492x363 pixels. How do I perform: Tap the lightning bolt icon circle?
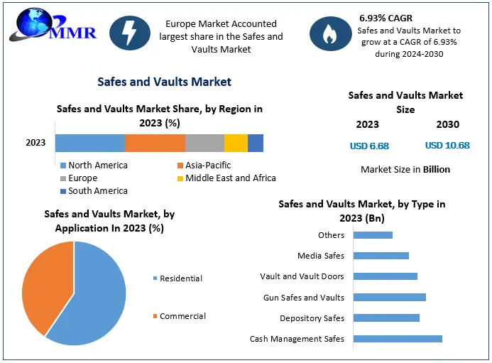[130, 33]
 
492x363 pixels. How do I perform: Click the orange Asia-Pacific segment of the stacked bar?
[155, 143]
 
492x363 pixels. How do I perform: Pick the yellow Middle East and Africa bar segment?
[236, 143]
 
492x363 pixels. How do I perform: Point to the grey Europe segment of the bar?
[204, 143]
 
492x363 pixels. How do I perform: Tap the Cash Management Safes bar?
[398, 339]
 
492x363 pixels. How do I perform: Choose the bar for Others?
[373, 235]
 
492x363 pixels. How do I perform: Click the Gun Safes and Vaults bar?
[389, 298]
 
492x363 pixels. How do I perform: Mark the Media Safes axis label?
[321, 256]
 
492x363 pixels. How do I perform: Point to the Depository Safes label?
[312, 318]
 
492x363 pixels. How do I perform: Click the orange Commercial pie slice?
[46, 284]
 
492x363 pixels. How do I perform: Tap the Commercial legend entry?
[182, 316]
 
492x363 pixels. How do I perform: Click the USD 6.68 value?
[369, 146]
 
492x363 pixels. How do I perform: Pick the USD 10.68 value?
[447, 146]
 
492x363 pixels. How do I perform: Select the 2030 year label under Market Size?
[447, 124]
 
